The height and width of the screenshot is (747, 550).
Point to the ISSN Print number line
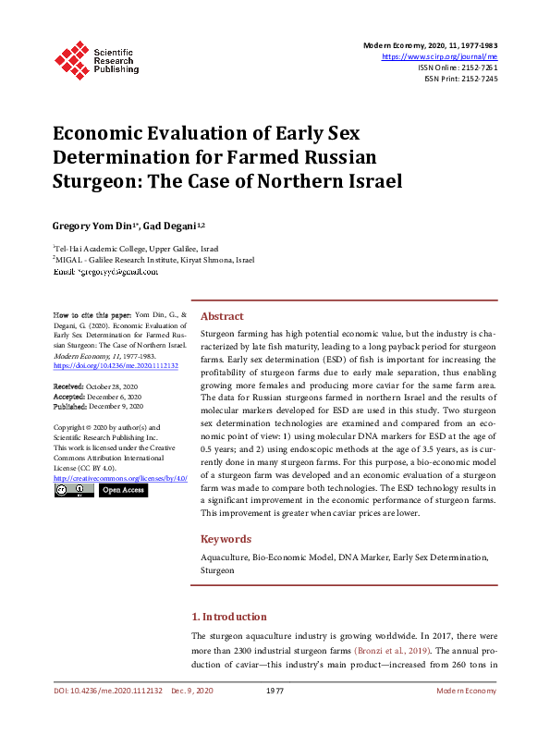(x=460, y=79)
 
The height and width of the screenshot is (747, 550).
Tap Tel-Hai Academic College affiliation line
(x=137, y=249)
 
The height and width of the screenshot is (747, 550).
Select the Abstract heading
(x=222, y=315)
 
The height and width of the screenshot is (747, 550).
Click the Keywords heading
(x=226, y=539)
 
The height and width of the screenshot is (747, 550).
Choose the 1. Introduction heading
(x=229, y=617)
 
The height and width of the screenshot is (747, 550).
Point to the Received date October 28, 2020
(x=97, y=386)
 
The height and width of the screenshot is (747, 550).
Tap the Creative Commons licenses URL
(x=120, y=478)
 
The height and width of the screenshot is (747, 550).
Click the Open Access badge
(x=123, y=490)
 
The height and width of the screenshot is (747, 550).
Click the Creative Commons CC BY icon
(x=74, y=490)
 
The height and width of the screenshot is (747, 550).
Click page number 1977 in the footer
(x=275, y=691)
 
